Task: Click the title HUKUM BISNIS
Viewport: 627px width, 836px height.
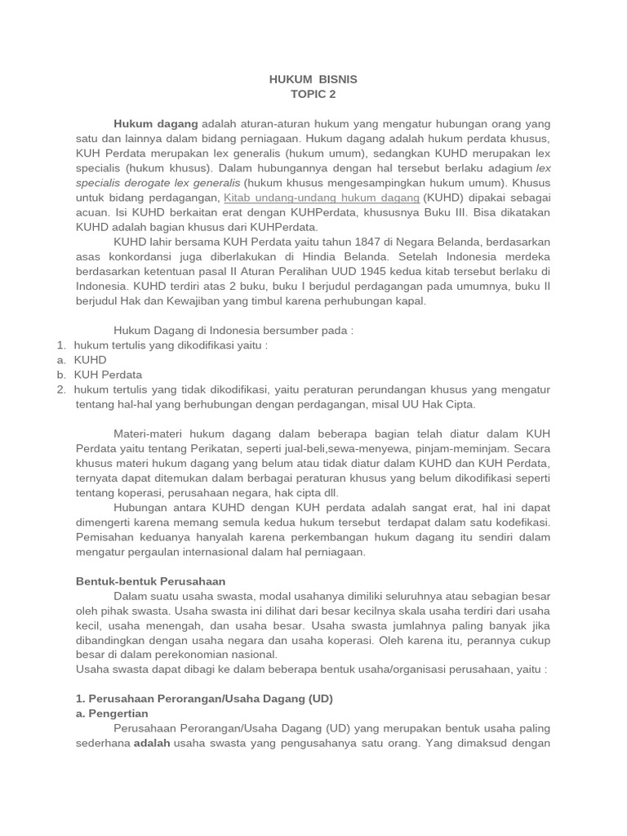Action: tap(313, 79)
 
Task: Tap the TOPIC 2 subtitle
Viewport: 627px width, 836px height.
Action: tap(313, 94)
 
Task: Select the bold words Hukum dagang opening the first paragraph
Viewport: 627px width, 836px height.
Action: tap(156, 123)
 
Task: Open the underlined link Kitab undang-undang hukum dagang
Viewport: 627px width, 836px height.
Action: tap(322, 198)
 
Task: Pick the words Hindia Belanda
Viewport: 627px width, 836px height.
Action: tap(386, 256)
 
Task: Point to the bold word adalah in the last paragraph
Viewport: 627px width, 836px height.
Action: tap(152, 743)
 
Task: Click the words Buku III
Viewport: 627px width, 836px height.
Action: tap(440, 212)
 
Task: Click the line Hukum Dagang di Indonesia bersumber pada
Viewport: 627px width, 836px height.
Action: tap(233, 330)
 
